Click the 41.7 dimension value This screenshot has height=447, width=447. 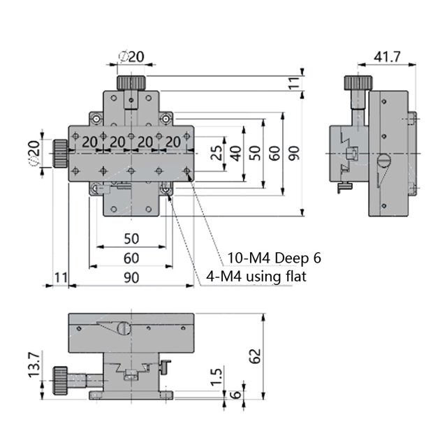pos(387,57)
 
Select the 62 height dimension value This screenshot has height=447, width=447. pos(255,356)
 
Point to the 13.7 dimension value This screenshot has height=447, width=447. pos(34,365)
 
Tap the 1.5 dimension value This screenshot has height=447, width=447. pos(216,377)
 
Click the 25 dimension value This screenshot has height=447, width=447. pos(216,153)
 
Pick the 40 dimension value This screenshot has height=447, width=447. pos(235,153)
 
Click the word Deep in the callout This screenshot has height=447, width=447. pos(291,258)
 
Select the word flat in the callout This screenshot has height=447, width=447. pos(296,277)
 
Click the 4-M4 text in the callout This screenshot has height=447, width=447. pos(224,277)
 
